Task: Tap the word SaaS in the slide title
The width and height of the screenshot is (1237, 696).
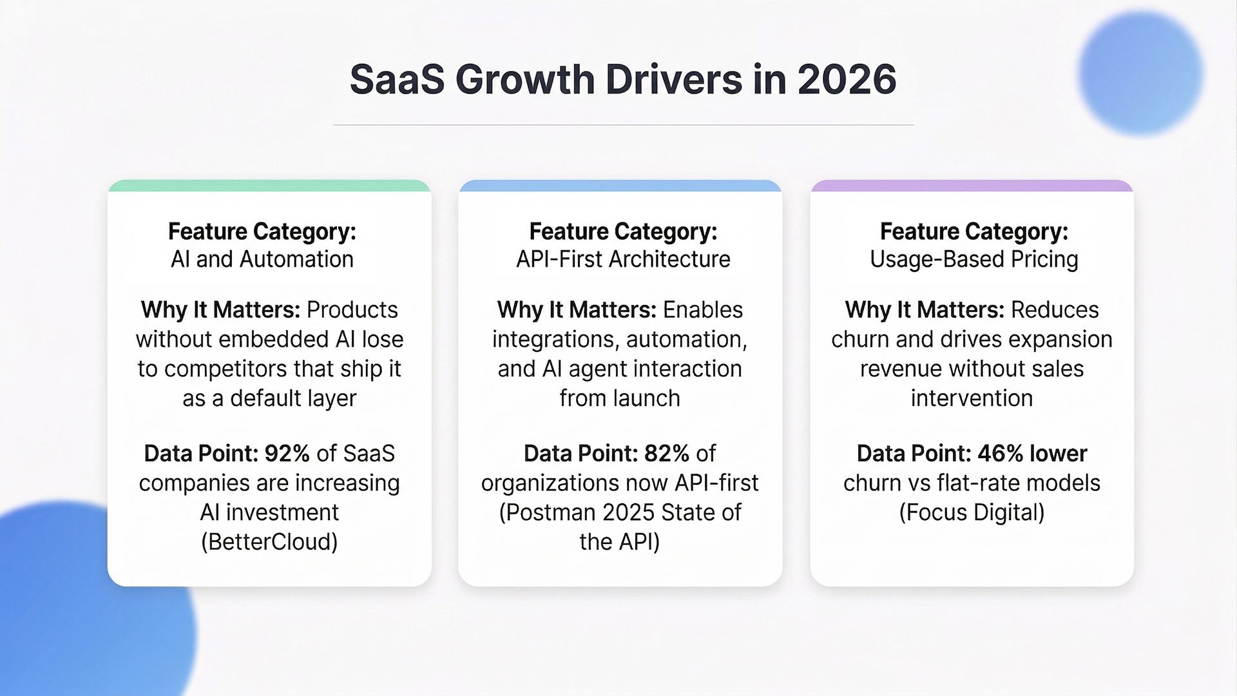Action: click(397, 79)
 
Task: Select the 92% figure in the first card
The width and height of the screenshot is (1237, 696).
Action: click(287, 454)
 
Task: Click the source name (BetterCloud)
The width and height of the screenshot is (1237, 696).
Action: click(269, 542)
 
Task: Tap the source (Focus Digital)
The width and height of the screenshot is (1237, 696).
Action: click(972, 512)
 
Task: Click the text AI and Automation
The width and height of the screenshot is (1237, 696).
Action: click(262, 259)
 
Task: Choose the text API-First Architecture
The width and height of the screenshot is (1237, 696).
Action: click(623, 259)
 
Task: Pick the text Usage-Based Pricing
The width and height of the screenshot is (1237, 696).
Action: click(973, 259)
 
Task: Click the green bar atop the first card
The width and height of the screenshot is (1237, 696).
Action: click(269, 186)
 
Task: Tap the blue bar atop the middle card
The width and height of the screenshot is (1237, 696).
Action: click(620, 186)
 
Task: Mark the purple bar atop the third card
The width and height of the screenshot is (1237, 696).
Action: click(972, 186)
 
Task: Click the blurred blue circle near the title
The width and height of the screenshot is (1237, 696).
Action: click(1140, 72)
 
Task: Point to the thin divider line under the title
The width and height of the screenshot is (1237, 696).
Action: click(623, 124)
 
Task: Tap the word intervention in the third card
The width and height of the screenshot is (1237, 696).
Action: click(972, 399)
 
